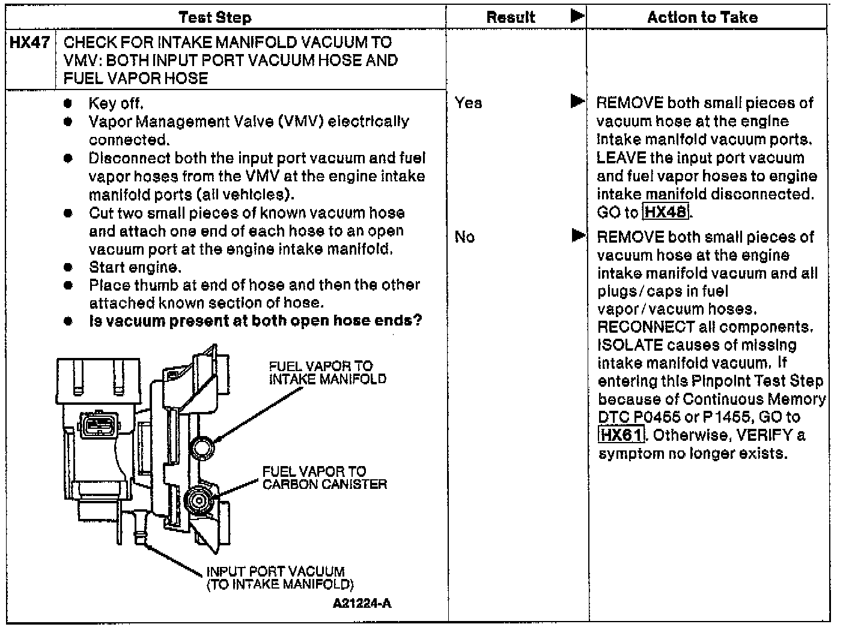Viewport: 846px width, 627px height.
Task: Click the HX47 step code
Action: [29, 43]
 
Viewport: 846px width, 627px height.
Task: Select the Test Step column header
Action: [215, 17]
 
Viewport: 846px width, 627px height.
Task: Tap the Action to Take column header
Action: [702, 17]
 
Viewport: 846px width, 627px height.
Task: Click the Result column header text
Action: [511, 17]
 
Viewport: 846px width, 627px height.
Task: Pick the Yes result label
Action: [468, 103]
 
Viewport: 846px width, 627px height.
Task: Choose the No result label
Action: [464, 237]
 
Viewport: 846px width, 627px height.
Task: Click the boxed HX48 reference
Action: [666, 212]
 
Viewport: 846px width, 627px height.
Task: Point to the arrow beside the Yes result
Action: [577, 101]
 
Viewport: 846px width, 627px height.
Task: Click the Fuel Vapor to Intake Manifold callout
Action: [327, 372]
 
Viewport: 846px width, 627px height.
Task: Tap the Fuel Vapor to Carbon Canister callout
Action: [324, 478]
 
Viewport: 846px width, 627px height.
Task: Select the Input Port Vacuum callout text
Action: [279, 578]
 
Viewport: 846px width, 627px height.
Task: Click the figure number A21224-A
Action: [362, 604]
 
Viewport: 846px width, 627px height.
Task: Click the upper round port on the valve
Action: [202, 447]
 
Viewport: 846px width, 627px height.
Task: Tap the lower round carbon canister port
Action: [198, 498]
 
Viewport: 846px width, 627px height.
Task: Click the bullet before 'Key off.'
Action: [68, 104]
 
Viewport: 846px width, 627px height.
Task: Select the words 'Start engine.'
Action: [135, 267]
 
